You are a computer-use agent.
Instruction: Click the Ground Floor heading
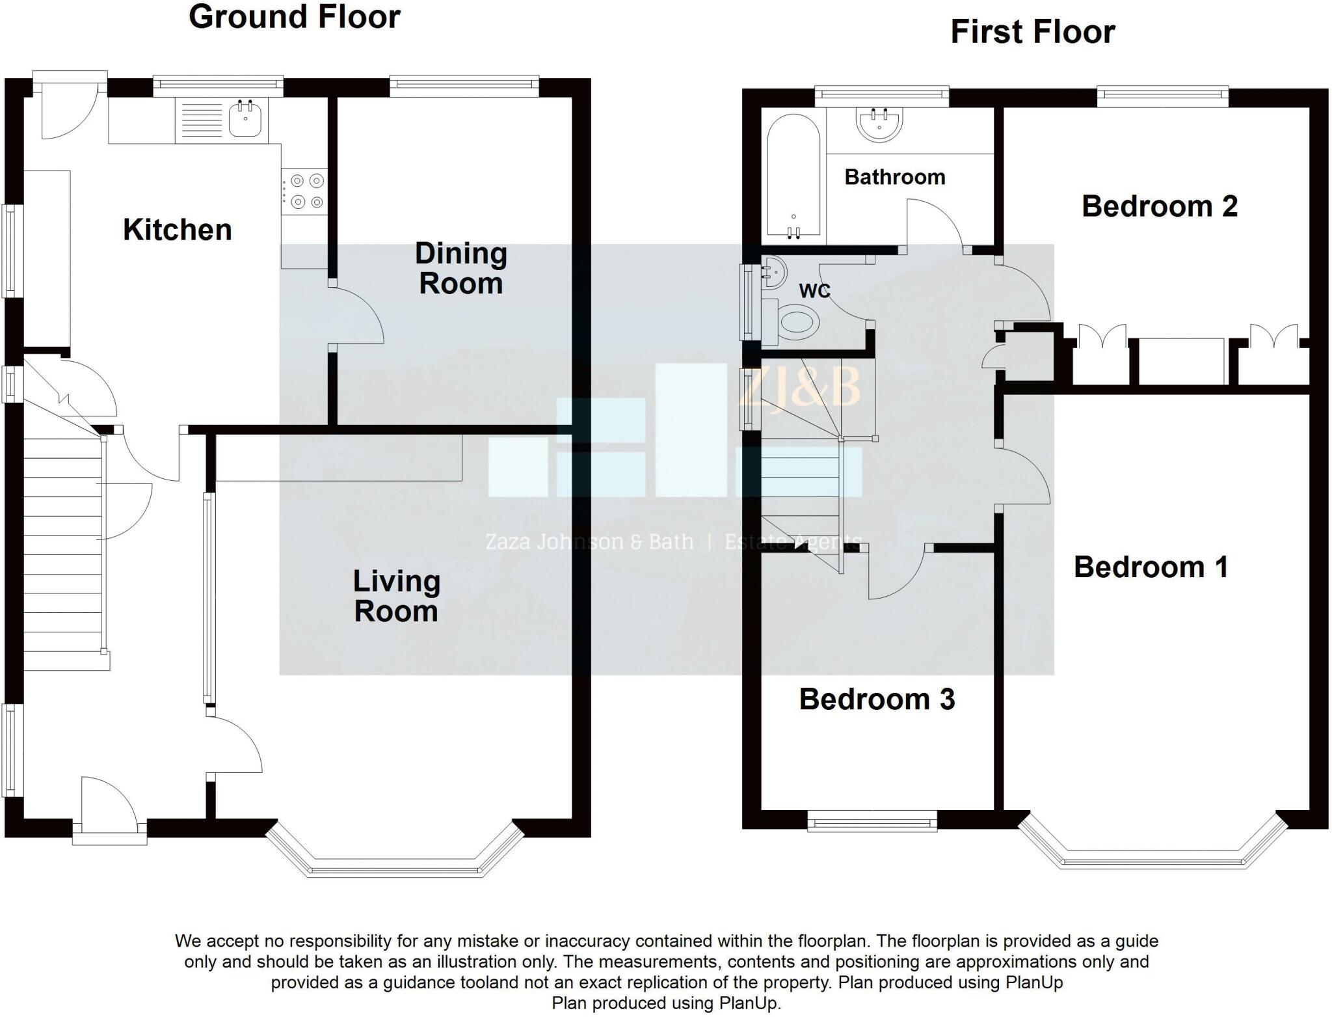(294, 17)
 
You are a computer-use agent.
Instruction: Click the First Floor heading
(1032, 32)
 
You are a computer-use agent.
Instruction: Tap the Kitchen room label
(177, 230)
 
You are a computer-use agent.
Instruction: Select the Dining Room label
(460, 269)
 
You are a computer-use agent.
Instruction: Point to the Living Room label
(396, 596)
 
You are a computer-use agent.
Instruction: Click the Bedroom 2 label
(1159, 206)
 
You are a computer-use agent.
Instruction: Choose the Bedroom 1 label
(1151, 567)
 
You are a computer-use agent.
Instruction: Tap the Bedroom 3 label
(877, 699)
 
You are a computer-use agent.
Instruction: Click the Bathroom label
(894, 177)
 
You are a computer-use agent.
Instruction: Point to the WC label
(814, 291)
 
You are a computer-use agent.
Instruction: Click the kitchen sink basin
(245, 120)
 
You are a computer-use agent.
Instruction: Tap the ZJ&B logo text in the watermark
(800, 388)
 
